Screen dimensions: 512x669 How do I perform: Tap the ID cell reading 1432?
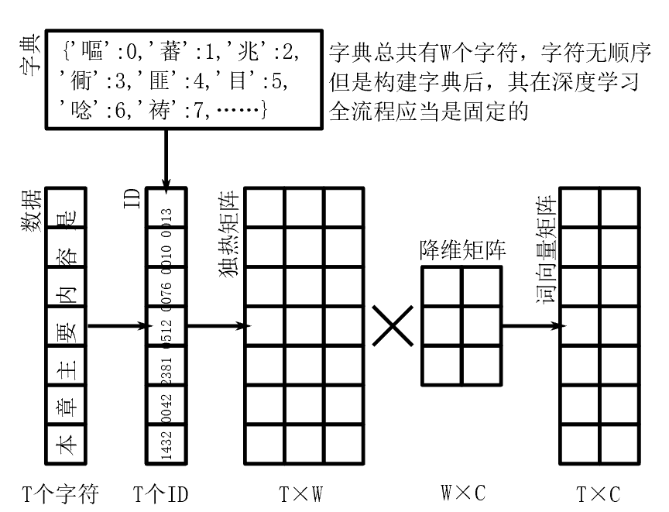click(x=166, y=445)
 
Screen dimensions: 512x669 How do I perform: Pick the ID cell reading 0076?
click(x=166, y=287)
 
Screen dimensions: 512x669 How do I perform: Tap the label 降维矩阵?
click(x=462, y=249)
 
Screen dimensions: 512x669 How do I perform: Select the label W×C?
click(x=462, y=493)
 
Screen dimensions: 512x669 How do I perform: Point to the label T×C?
click(x=599, y=493)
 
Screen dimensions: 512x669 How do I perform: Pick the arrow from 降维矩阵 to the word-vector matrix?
click(x=531, y=326)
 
